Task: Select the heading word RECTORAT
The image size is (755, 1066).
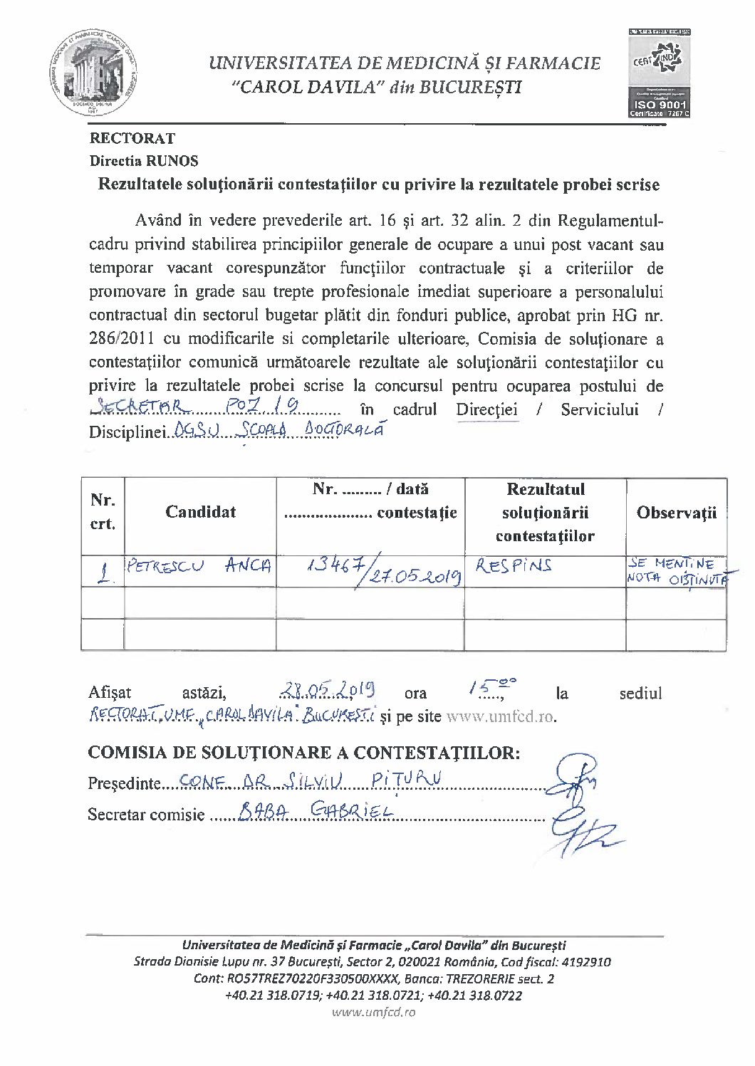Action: (x=132, y=138)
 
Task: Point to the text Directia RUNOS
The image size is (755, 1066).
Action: (x=144, y=161)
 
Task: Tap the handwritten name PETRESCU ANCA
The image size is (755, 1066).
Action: (x=198, y=568)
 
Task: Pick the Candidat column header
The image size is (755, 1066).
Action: (x=200, y=512)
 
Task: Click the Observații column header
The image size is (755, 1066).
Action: (x=676, y=513)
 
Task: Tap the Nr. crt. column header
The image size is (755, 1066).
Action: (x=103, y=512)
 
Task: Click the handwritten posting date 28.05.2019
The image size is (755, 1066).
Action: (x=328, y=690)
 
